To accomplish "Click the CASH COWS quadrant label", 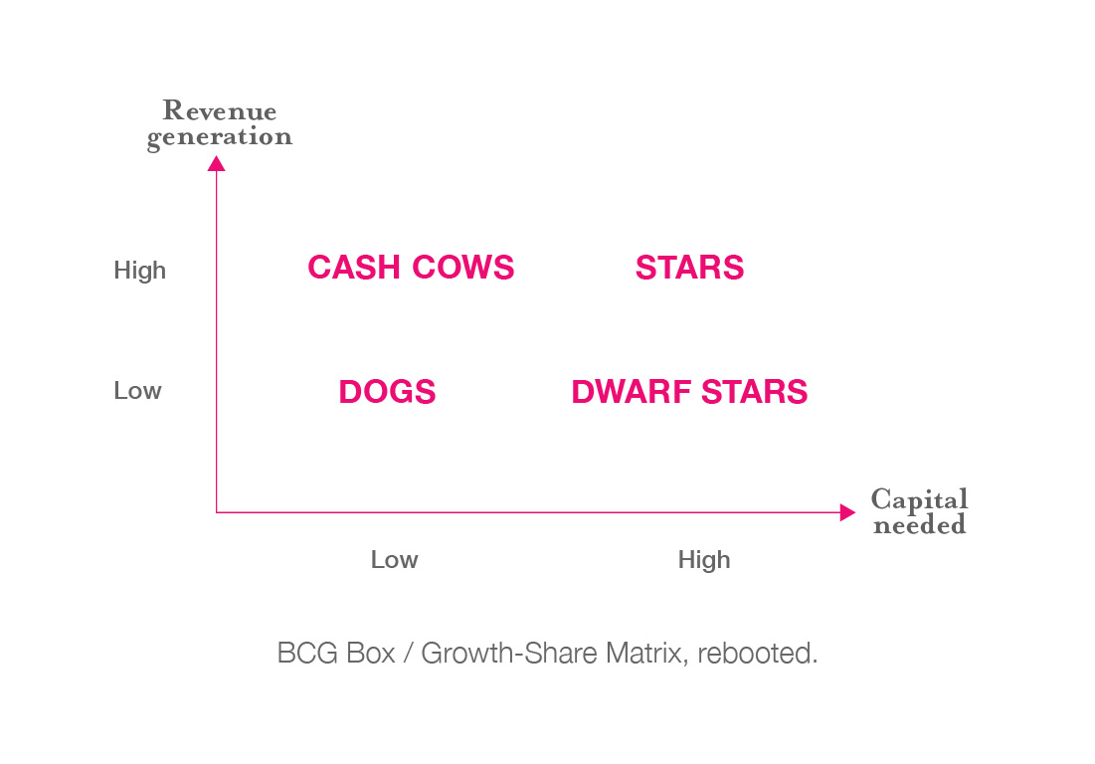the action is pyautogui.click(x=411, y=268).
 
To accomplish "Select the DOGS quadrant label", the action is pyautogui.click(x=387, y=392).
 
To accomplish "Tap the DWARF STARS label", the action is pyautogui.click(x=689, y=392).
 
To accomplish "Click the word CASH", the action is pyautogui.click(x=354, y=268).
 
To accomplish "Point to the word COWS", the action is pyautogui.click(x=463, y=268).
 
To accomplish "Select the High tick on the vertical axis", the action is pyautogui.click(x=139, y=271).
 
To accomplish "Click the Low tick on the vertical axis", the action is pyautogui.click(x=137, y=390).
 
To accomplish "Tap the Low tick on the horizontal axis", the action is pyautogui.click(x=394, y=559).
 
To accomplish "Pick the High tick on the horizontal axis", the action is pyautogui.click(x=704, y=560).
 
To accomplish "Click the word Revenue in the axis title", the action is pyautogui.click(x=219, y=110).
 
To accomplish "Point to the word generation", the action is pyautogui.click(x=219, y=137).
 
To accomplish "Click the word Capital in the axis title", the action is pyautogui.click(x=919, y=500).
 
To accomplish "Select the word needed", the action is pyautogui.click(x=919, y=524).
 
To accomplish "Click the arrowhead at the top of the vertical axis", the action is pyautogui.click(x=217, y=163).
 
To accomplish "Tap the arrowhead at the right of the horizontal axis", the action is pyautogui.click(x=847, y=512).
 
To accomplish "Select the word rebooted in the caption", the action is pyautogui.click(x=757, y=654).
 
